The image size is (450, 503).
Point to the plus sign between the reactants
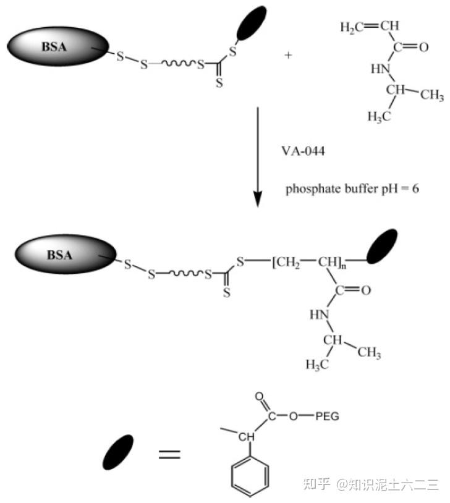point(288,55)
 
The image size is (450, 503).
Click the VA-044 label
point(308,150)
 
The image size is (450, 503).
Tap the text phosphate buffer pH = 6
point(352,188)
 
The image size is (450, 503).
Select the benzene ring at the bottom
point(249,475)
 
